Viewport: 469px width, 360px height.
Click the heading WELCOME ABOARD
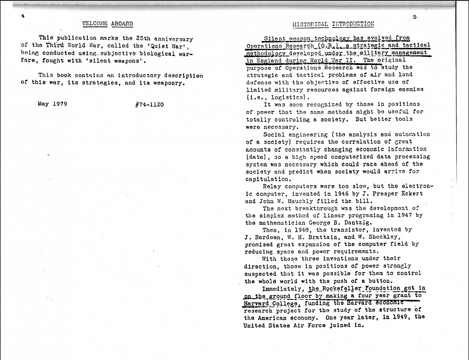pyautogui.click(x=108, y=23)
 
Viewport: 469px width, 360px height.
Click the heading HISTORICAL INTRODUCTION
pyautogui.click(x=333, y=23)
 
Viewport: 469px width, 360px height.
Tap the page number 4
pyautogui.click(x=22, y=16)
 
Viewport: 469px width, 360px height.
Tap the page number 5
pyautogui.click(x=415, y=17)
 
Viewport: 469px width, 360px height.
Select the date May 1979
pyautogui.click(x=52, y=104)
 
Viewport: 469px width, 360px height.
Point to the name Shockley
pyautogui.click(x=388, y=237)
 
